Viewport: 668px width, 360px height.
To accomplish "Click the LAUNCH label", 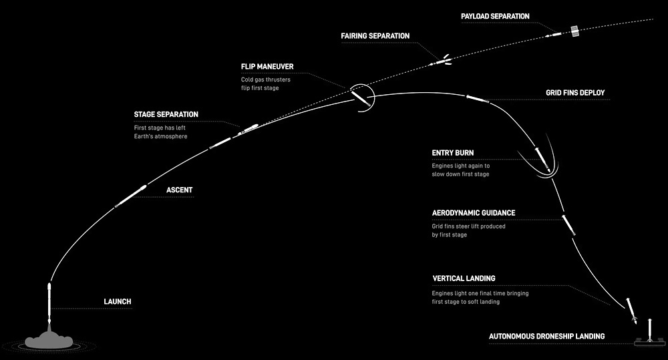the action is [117, 302].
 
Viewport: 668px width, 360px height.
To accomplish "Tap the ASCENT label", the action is [179, 190].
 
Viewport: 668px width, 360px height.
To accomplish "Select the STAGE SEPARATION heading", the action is [166, 115].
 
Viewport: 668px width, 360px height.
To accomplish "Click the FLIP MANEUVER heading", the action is [267, 67].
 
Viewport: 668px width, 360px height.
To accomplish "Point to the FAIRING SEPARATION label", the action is [375, 36].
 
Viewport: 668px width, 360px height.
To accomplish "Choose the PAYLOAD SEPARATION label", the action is [495, 16].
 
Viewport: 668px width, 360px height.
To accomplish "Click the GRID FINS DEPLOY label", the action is [575, 93].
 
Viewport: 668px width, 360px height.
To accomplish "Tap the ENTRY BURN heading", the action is [452, 153].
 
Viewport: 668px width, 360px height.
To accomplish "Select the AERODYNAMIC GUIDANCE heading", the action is [474, 213].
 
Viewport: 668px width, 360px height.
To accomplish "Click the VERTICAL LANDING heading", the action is [464, 279].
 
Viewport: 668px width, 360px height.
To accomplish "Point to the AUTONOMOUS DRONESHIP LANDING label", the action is [546, 337].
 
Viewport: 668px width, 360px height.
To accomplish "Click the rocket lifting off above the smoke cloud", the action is [49, 303].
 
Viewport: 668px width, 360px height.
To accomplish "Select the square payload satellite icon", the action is [575, 31].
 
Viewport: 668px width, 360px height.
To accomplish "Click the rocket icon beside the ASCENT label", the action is [131, 196].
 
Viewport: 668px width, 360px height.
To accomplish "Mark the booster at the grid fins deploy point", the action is [478, 99].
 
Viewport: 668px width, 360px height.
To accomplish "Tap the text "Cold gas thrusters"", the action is [266, 79].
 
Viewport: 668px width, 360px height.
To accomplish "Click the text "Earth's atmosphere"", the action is [160, 136].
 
